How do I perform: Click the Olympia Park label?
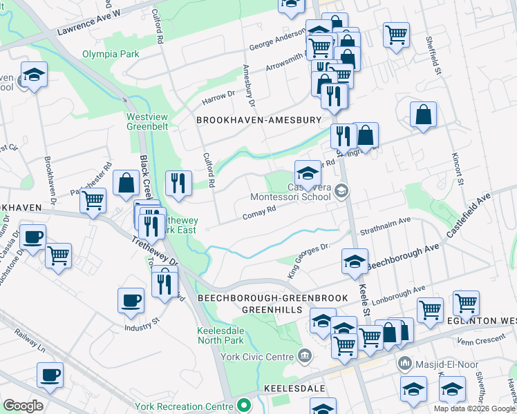coord(111,54)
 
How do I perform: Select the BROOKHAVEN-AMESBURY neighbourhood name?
coord(259,120)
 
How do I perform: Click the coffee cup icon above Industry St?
coord(131,301)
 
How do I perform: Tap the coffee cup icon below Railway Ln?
coord(50,376)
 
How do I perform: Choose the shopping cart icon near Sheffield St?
coord(396,34)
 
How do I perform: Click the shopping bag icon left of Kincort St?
coord(423,115)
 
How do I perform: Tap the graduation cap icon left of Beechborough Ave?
coord(354,262)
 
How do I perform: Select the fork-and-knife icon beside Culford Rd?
coord(178,183)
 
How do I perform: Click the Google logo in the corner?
coord(22,406)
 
